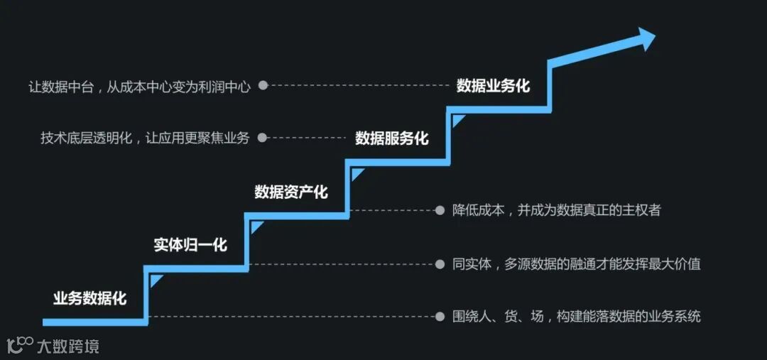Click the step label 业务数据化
pos(89,298)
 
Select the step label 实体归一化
pos(190,245)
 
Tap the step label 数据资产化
pos(291,192)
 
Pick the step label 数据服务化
pos(392,138)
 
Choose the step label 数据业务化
pos(493,86)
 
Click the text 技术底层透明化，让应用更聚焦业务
pos(146,138)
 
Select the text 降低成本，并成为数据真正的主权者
pos(556,210)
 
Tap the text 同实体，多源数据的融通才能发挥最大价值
pos(576,264)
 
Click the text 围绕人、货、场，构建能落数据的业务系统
pos(576,316)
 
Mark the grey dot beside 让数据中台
pos(263,85)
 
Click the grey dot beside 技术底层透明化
pos(262,138)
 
